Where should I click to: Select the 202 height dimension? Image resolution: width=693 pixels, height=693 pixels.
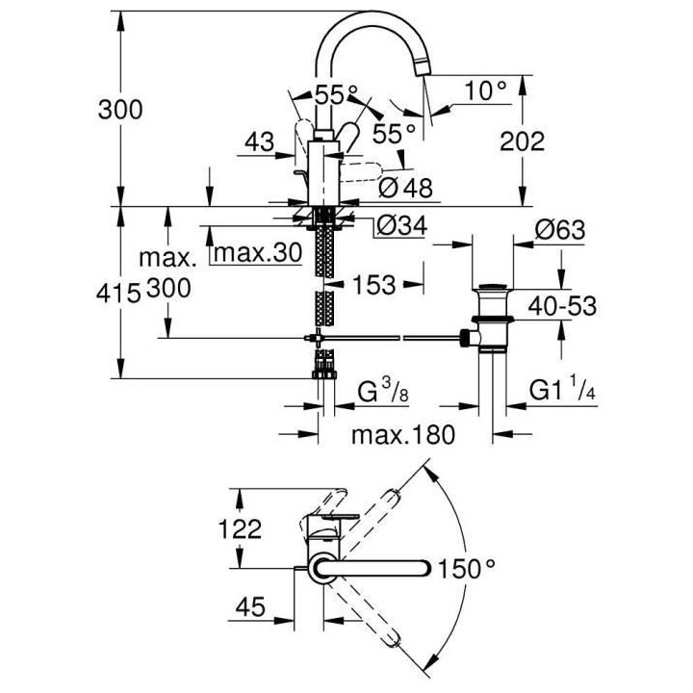click(x=523, y=141)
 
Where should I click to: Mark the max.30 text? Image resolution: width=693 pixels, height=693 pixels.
click(x=257, y=254)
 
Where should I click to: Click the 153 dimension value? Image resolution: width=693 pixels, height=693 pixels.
click(x=372, y=286)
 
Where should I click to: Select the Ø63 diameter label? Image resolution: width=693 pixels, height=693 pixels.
click(x=559, y=230)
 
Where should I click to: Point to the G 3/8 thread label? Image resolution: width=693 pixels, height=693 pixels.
click(x=374, y=393)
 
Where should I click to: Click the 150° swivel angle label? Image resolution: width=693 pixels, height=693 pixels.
click(x=471, y=568)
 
